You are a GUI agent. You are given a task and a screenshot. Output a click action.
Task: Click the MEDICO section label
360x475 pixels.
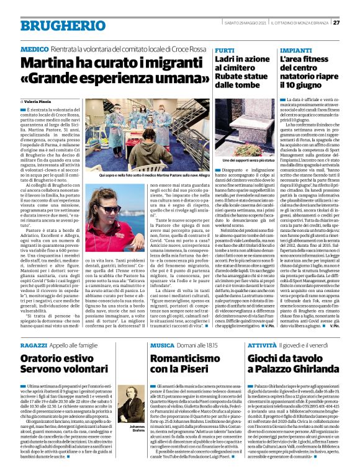click(35, 48)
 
